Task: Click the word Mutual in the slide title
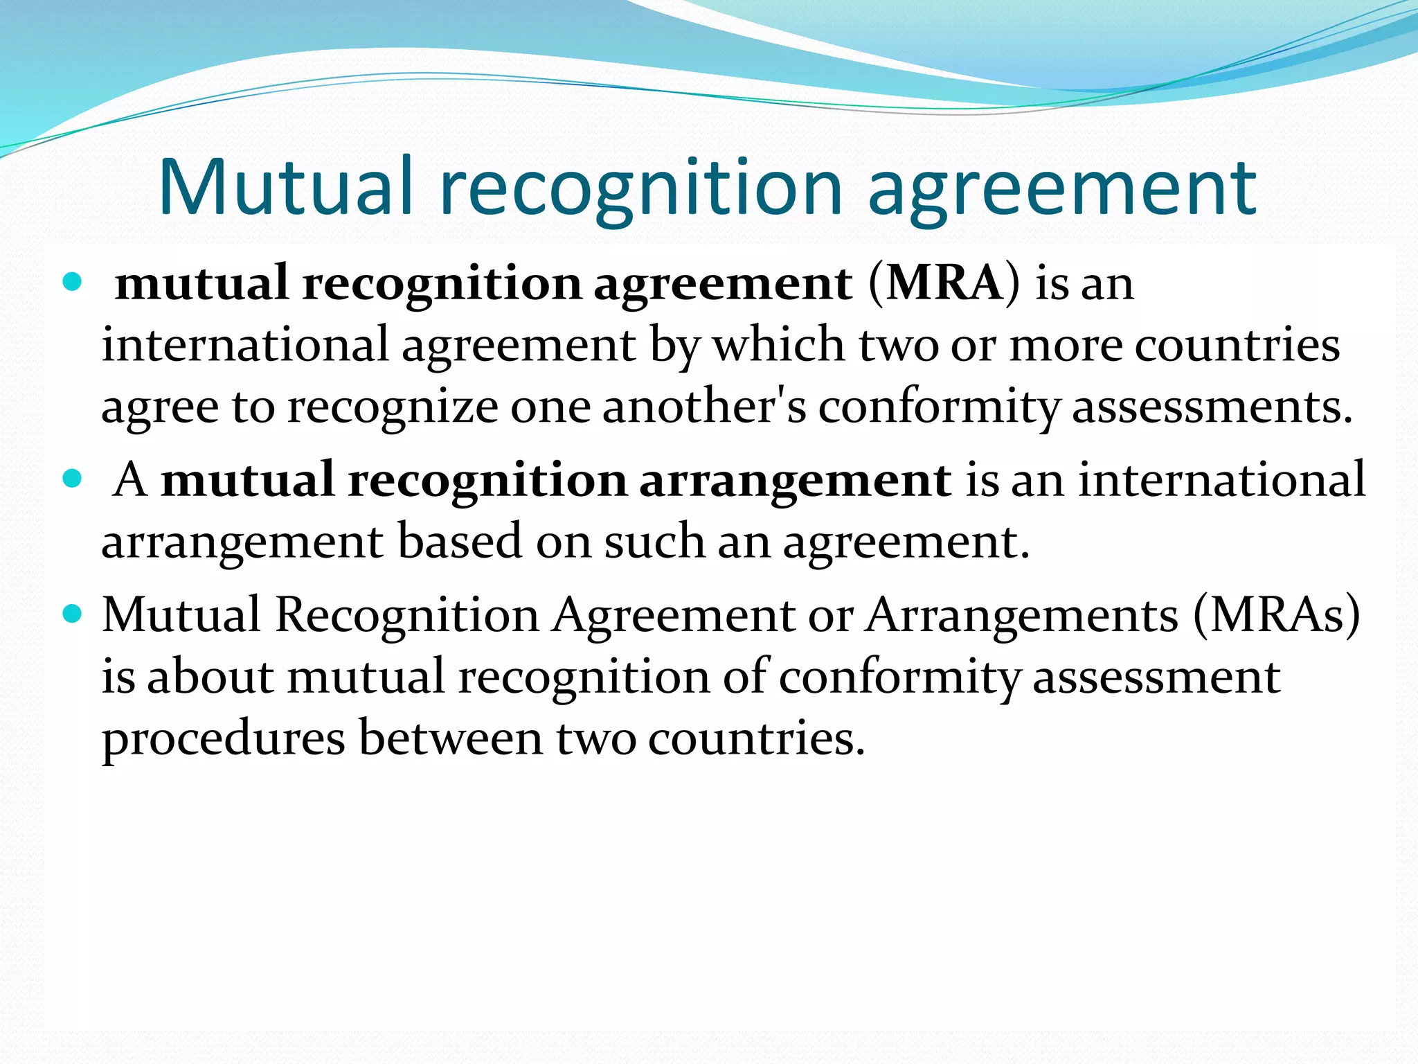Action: pyautogui.click(x=286, y=186)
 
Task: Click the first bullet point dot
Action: pyautogui.click(x=72, y=282)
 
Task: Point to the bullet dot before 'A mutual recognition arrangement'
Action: pyautogui.click(x=72, y=478)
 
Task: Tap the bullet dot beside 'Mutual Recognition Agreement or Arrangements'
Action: pyautogui.click(x=72, y=613)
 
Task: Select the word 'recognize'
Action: pyautogui.click(x=392, y=407)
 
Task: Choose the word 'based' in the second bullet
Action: pyautogui.click(x=459, y=541)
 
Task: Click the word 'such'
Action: pyautogui.click(x=654, y=541)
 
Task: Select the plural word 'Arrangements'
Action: pyautogui.click(x=1022, y=614)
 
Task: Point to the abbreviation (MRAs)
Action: pyautogui.click(x=1276, y=614)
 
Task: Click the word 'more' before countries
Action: pyautogui.click(x=1065, y=344)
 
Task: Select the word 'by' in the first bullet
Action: pyautogui.click(x=674, y=346)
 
